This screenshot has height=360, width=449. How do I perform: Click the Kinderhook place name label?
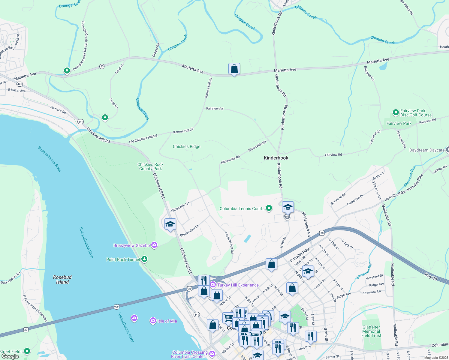point(276,158)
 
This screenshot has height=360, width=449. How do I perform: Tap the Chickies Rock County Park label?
point(150,166)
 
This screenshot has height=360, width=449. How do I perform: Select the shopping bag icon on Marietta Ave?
point(234,69)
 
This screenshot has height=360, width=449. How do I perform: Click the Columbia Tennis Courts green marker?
point(269,208)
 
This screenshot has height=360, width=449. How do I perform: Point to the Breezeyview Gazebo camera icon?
point(154,245)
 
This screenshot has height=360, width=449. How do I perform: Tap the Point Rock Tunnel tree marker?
point(144,259)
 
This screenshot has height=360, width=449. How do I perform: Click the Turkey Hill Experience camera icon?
point(213,285)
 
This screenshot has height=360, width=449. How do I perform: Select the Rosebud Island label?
point(62,280)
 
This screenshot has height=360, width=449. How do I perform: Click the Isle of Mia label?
point(167,321)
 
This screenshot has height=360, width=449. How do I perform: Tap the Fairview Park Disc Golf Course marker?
point(396,112)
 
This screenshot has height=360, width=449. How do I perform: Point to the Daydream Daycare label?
point(427,150)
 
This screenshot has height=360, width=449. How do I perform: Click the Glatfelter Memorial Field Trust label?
point(371,331)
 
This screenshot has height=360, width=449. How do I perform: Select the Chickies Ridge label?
point(186,146)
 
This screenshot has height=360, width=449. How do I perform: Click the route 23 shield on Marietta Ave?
point(102,66)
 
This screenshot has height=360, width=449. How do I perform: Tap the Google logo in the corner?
point(10,356)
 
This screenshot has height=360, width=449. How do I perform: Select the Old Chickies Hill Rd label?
point(143,139)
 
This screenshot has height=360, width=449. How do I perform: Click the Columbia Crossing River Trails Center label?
point(190,354)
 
